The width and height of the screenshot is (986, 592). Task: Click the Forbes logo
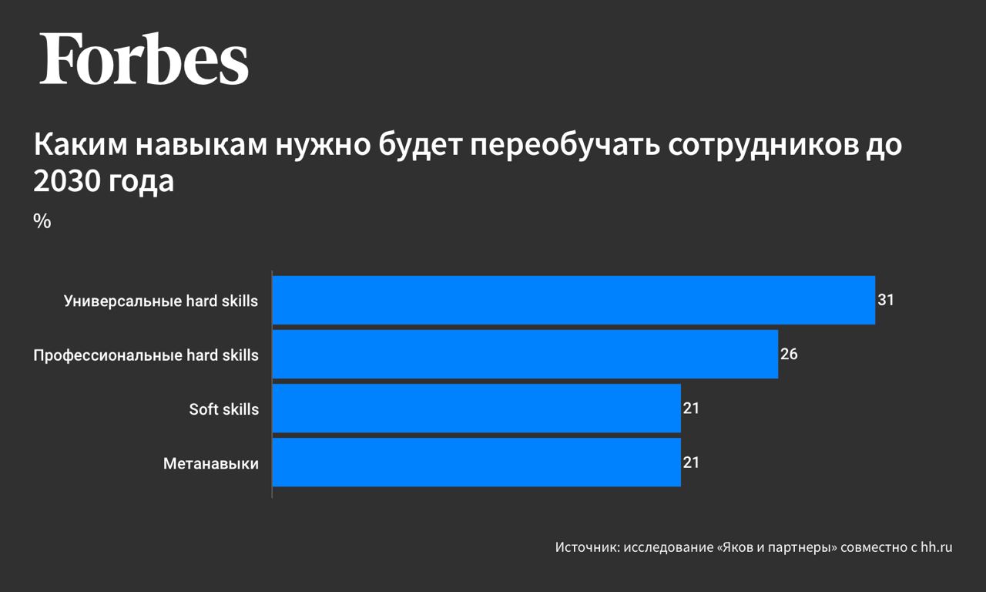coord(144,59)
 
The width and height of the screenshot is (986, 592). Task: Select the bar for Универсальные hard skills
coord(574,300)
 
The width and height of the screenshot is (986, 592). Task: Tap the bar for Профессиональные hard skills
coord(525,355)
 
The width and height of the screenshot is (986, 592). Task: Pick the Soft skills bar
coord(477,409)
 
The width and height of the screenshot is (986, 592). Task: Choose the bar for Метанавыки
coord(477,462)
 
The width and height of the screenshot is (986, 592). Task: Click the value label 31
coord(885,300)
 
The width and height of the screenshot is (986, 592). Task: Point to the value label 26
coord(788,355)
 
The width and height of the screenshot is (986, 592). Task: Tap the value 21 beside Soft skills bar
coord(691,409)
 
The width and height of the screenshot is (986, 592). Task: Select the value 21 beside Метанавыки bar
coord(691,462)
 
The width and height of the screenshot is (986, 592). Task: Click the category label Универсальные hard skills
coord(161,301)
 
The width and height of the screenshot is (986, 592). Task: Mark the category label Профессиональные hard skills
coord(146,355)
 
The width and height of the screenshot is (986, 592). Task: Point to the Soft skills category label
coord(224,409)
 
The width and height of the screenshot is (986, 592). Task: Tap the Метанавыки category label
coord(211,464)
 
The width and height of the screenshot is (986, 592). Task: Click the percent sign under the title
coord(42,221)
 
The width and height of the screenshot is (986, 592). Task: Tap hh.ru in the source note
coord(937,548)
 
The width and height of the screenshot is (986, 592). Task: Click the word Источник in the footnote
coord(586,548)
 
